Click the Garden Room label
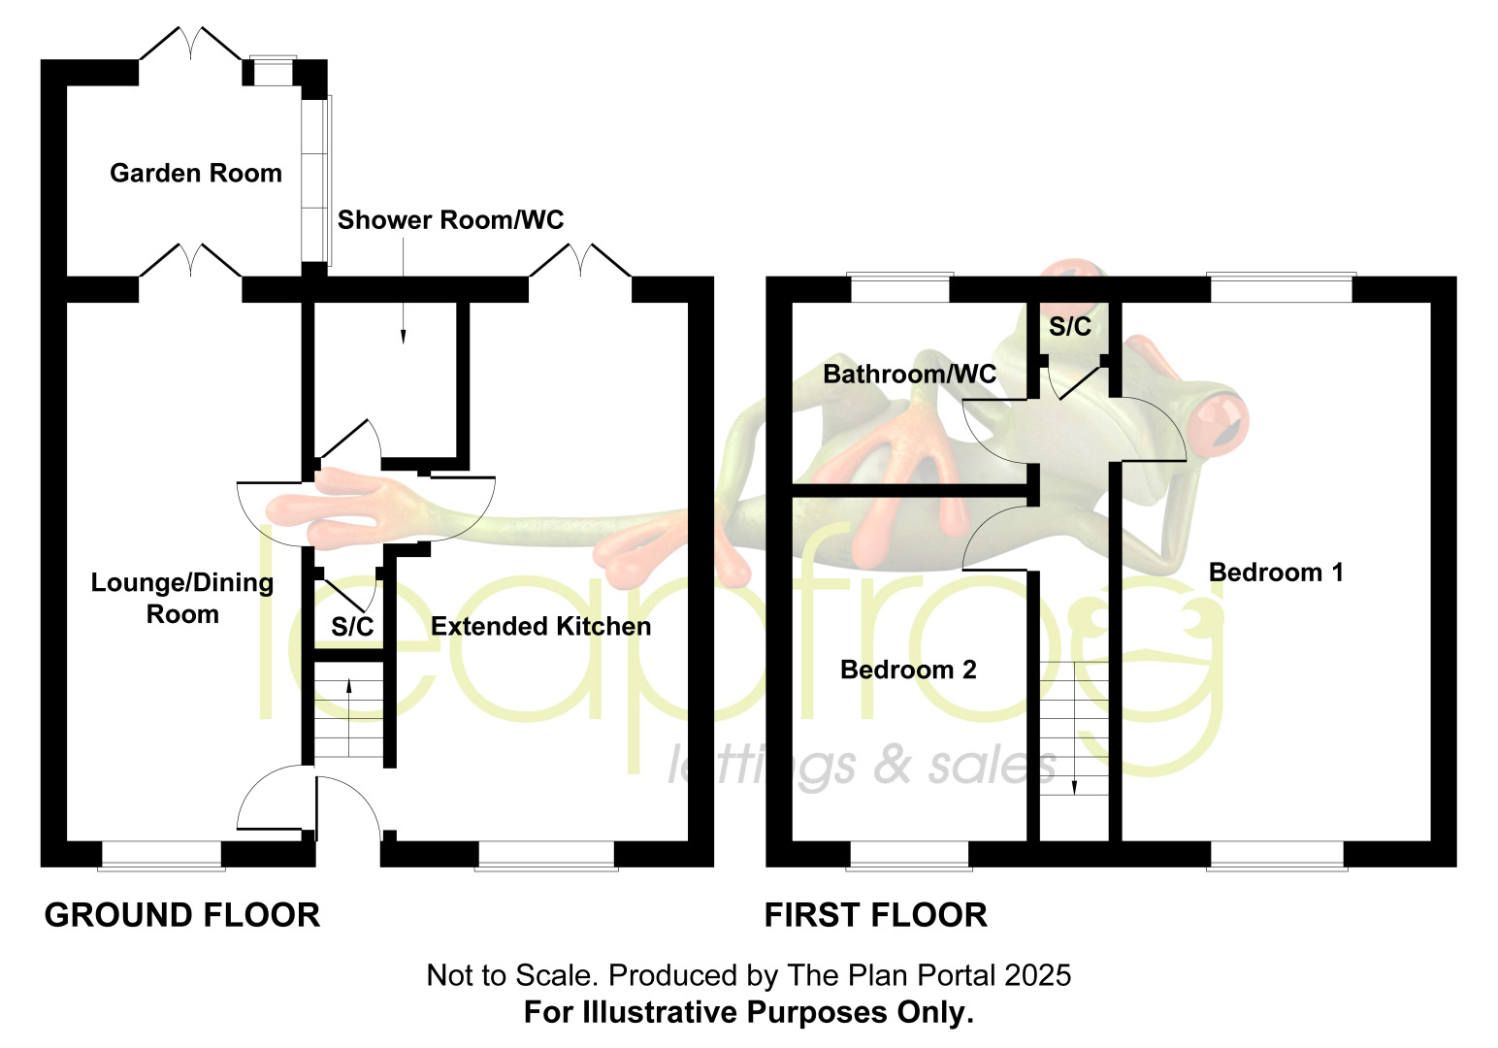pos(196,174)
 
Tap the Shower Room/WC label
pos(451,220)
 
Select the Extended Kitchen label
pos(541,627)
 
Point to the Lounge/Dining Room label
pos(182,599)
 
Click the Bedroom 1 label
pos(1276,573)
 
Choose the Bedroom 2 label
pos(908,670)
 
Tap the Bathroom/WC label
pos(909,375)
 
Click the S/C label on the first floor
pos(1070,326)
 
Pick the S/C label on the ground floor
pos(352,627)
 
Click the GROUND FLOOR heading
pos(182,915)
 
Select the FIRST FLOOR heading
pos(876,915)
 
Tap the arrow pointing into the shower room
pos(404,290)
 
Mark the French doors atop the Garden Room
pos(190,44)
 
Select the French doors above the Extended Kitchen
pos(580,261)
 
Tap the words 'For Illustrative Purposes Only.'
pos(749,1012)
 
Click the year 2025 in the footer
pos(1038,976)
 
